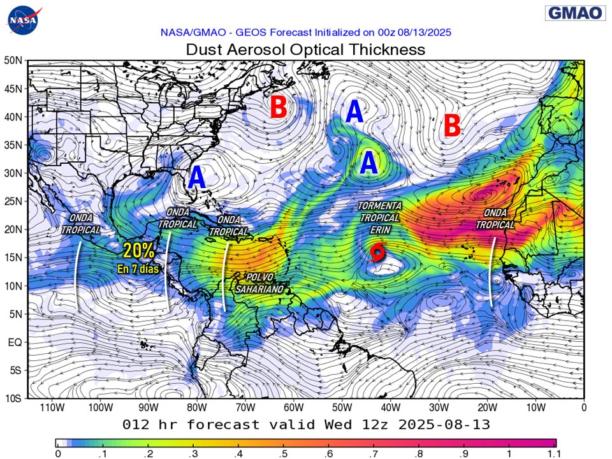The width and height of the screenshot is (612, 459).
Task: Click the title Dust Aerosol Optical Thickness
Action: [x=305, y=49]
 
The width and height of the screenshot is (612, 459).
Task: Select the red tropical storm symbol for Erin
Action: [x=377, y=253]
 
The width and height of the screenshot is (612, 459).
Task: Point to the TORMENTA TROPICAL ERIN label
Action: [x=380, y=217]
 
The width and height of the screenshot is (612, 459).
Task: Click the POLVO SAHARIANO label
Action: [x=259, y=283]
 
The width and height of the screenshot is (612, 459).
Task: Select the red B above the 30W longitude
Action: [x=451, y=126]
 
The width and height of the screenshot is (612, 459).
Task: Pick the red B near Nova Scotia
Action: [x=278, y=107]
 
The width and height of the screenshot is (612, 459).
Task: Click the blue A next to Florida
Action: [x=197, y=177]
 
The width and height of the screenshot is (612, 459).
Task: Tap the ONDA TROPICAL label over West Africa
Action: [x=495, y=219]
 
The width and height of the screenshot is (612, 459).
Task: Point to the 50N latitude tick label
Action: [x=13, y=61]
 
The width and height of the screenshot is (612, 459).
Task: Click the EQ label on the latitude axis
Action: [x=15, y=342]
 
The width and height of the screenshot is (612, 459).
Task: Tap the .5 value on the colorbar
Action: [x=282, y=453]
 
